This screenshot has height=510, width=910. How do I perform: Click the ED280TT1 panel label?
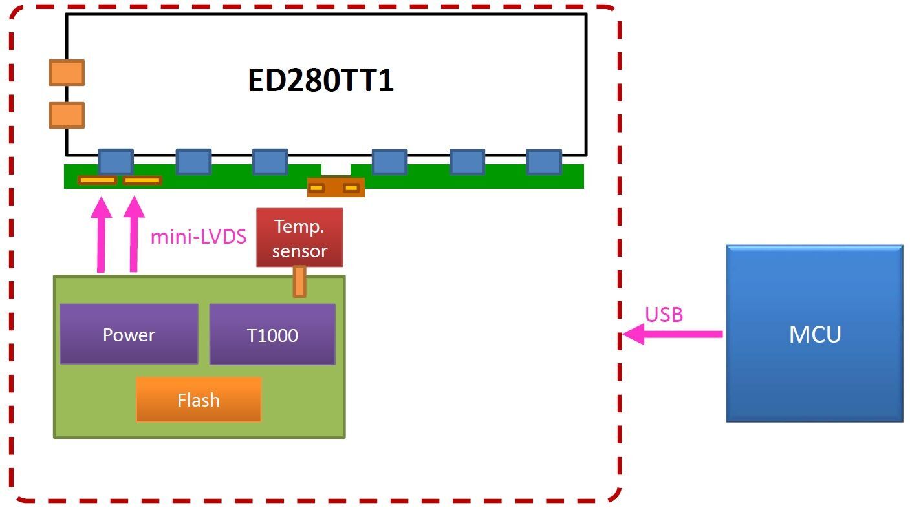[321, 81]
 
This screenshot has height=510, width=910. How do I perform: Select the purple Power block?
[129, 334]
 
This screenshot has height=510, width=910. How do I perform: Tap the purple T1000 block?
[272, 335]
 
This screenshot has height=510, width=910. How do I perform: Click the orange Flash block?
[199, 399]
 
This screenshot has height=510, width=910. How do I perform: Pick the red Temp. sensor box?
[299, 237]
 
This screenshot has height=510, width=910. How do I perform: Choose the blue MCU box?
[814, 334]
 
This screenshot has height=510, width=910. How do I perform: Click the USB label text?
[664, 315]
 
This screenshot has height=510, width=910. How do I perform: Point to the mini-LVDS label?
[198, 237]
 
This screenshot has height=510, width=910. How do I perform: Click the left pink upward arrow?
[100, 236]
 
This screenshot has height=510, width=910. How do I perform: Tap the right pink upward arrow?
[134, 236]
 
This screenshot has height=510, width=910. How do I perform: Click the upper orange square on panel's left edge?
[67, 73]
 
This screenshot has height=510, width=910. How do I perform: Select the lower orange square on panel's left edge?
[67, 115]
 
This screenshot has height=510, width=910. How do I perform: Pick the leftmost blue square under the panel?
[116, 162]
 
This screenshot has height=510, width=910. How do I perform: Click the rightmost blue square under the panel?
[543, 162]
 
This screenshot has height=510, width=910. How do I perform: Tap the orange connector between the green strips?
[335, 187]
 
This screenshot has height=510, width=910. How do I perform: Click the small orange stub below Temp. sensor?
[299, 282]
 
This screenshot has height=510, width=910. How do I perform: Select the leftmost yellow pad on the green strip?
[97, 180]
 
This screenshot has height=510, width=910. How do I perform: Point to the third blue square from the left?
[270, 162]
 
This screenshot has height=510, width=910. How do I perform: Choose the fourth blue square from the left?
[389, 162]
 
